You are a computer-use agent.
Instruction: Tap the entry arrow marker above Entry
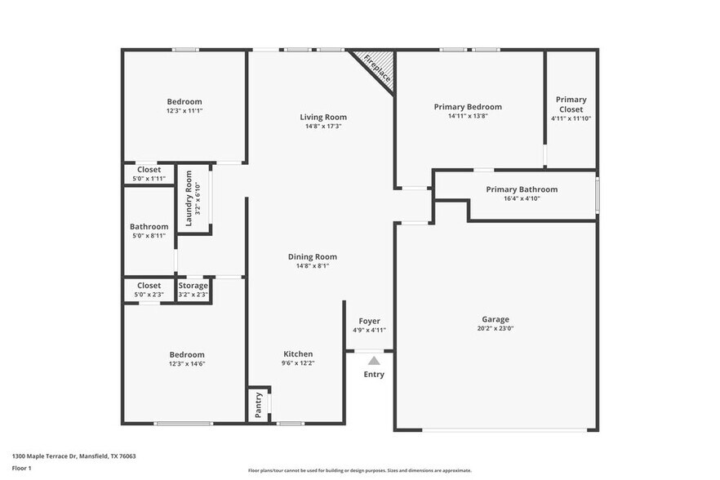click(373, 360)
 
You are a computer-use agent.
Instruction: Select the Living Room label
click(323, 117)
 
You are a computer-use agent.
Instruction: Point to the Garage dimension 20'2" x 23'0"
click(495, 328)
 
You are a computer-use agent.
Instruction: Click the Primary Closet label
click(571, 104)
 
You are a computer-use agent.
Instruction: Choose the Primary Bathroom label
click(522, 189)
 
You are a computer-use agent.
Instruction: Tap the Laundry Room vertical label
click(189, 198)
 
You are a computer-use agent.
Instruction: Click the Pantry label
click(259, 406)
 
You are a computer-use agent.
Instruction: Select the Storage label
click(193, 286)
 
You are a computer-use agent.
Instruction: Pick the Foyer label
click(370, 321)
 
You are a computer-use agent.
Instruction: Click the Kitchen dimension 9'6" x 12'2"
click(298, 363)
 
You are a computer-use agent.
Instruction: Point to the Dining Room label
click(312, 256)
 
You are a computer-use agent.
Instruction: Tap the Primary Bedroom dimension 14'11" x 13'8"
click(468, 116)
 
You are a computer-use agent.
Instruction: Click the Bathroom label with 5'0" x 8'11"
click(149, 227)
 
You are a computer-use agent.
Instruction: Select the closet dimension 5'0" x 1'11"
click(149, 178)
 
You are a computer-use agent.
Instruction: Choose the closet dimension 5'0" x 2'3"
click(149, 295)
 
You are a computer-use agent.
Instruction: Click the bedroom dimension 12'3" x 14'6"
click(187, 363)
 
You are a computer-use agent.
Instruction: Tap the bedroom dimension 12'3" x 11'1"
click(184, 110)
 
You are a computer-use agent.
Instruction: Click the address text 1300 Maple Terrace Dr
click(49, 456)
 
